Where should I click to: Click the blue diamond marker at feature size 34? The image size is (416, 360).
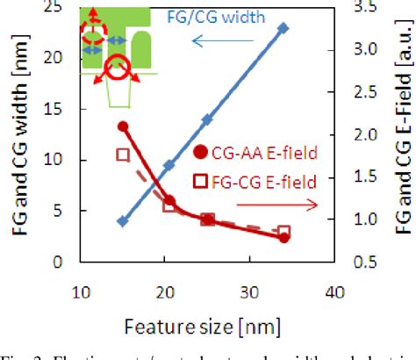[283, 28]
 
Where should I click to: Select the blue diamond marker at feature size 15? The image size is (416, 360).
[123, 221]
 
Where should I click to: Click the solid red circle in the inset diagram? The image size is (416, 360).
[115, 67]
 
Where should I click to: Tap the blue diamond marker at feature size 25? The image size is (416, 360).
[207, 119]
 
